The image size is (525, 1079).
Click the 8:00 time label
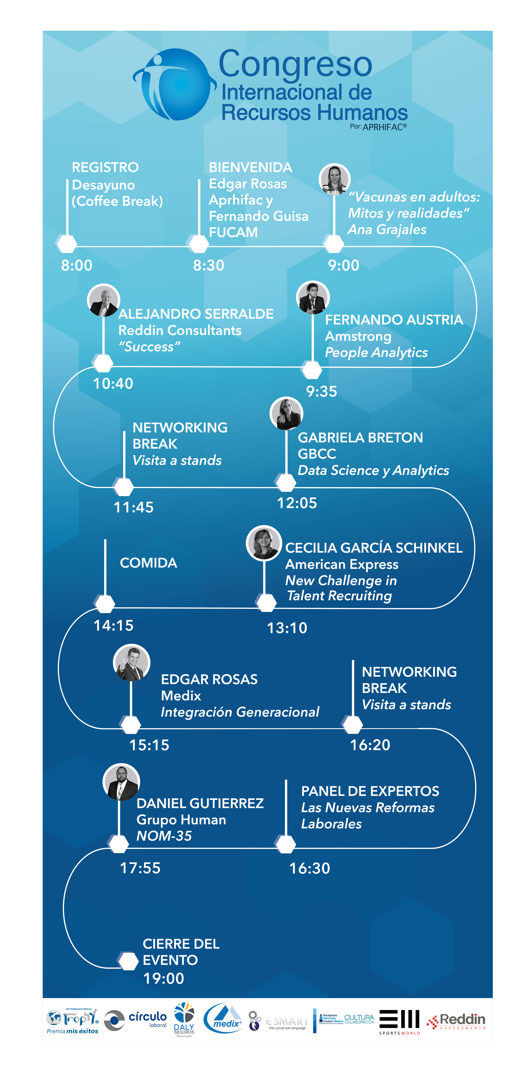[77, 265]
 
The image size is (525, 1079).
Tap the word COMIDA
[148, 563]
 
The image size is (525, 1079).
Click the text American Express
[342, 564]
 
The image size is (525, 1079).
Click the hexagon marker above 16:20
[353, 724]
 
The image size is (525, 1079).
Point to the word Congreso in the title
[295, 64]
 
